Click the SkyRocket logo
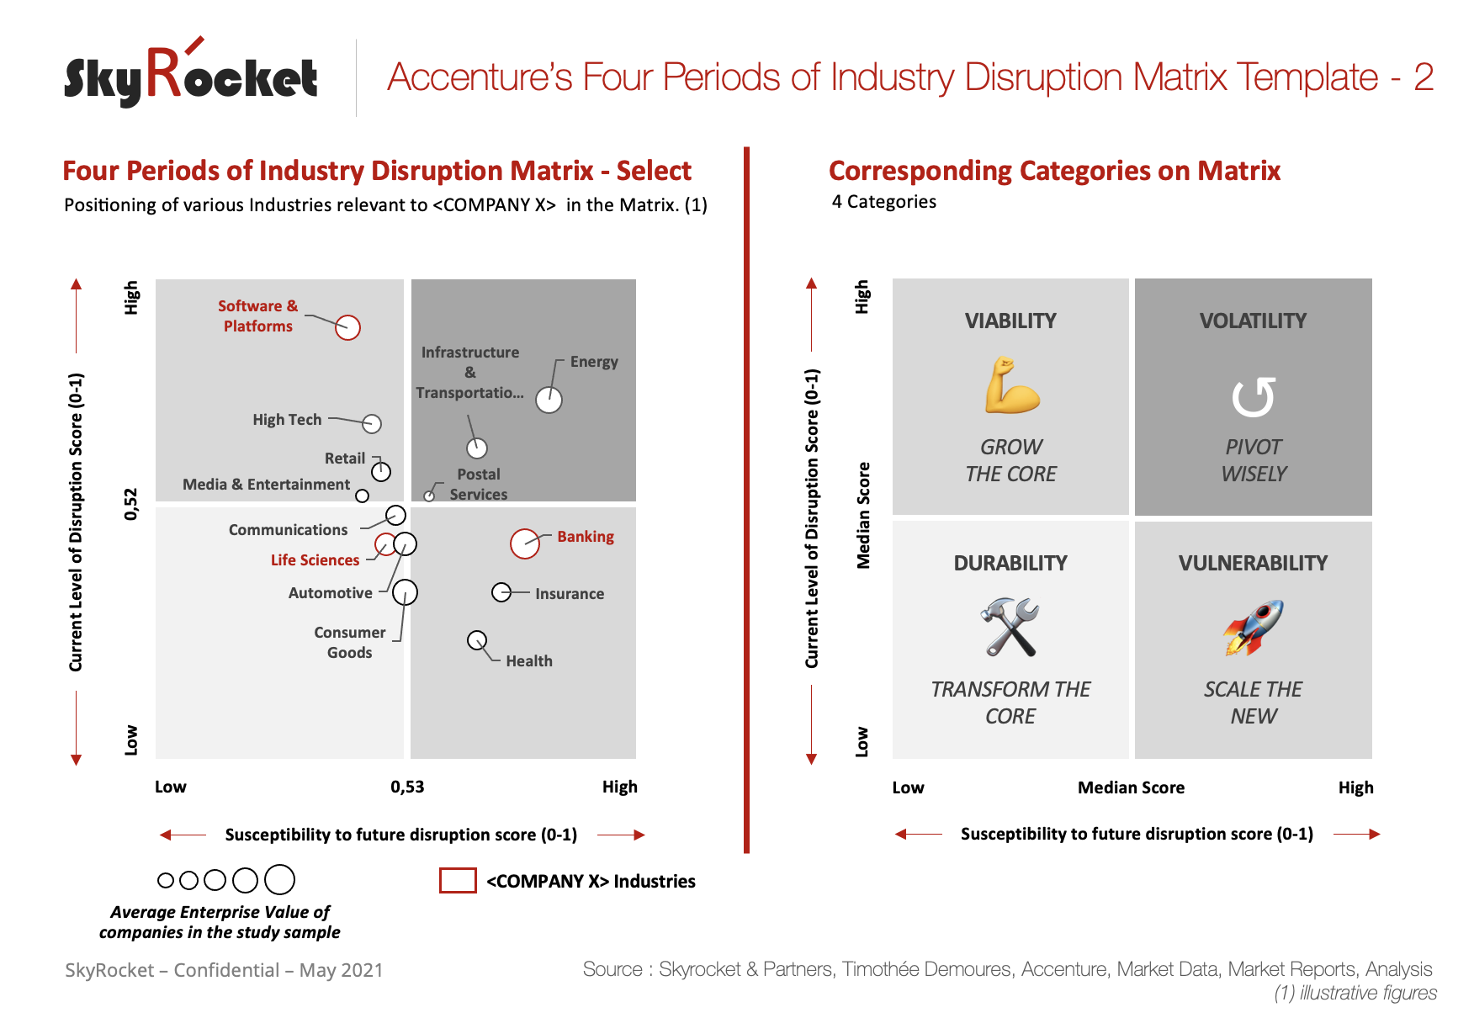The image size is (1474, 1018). [x=191, y=76]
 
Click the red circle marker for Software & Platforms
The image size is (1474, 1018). [x=347, y=327]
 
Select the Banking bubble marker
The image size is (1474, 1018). [x=525, y=543]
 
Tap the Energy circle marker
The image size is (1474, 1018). [x=549, y=400]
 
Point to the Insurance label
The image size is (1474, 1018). [x=569, y=594]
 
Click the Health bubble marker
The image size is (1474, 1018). [x=477, y=641]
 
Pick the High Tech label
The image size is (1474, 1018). [x=287, y=420]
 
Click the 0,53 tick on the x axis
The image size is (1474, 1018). [x=407, y=787]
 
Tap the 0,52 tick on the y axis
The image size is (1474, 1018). [x=131, y=504]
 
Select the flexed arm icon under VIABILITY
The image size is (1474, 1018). [x=1011, y=386]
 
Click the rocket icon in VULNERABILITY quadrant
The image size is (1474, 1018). [x=1253, y=628]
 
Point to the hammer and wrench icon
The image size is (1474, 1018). [x=1010, y=628]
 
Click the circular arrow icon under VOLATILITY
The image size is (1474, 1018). [x=1253, y=397]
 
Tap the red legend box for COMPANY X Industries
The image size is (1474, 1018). [x=458, y=881]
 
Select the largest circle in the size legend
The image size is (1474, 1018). [x=279, y=880]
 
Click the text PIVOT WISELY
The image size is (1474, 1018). [x=1253, y=460]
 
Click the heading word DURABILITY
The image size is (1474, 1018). [x=1010, y=564]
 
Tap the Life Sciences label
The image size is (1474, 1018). [x=315, y=560]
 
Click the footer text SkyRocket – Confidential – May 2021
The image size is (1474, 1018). [x=224, y=970]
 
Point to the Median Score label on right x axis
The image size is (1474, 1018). [x=1131, y=788]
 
